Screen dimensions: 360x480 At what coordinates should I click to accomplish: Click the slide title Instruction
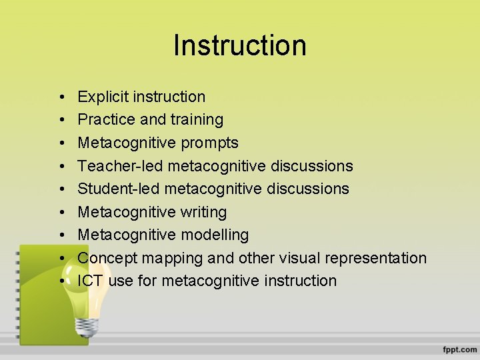(240, 45)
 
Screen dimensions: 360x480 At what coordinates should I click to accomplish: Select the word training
(197, 120)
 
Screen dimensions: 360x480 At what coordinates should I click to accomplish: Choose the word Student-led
(119, 189)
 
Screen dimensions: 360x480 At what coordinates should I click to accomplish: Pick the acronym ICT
(90, 281)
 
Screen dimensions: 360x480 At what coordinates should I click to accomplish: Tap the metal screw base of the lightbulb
(87, 325)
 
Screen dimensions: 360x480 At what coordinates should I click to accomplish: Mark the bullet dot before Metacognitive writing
(61, 213)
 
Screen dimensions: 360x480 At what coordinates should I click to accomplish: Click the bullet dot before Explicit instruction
(61, 97)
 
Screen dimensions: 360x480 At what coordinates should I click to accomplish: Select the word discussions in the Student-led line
(307, 189)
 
